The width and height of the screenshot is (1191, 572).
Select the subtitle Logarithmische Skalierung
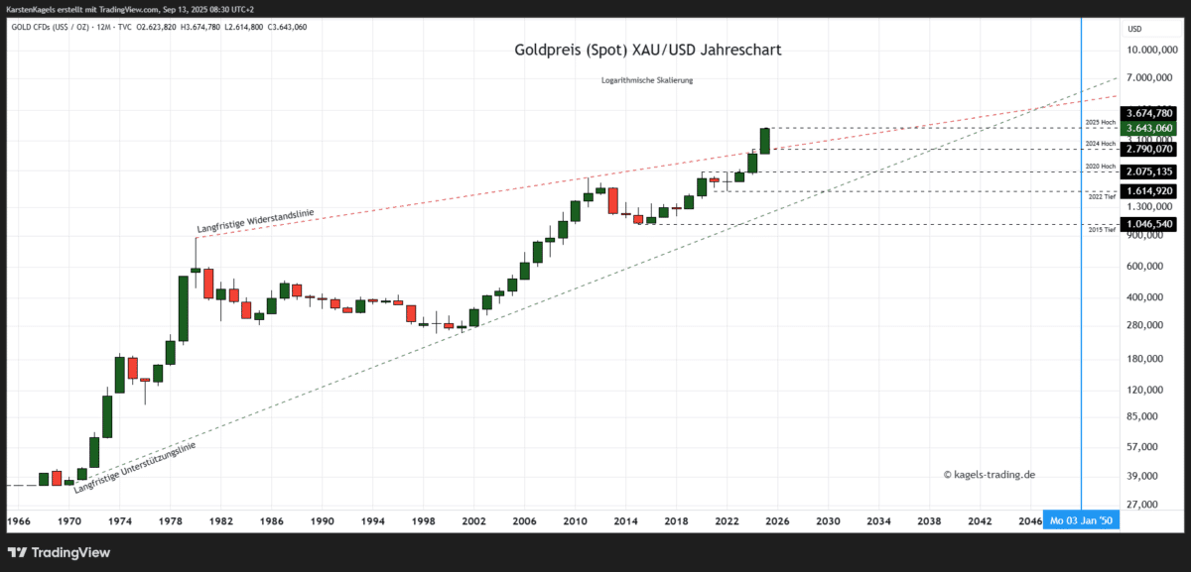coord(647,80)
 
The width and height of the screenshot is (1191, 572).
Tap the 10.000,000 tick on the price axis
coord(1151,50)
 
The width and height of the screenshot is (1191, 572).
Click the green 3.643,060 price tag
coord(1148,128)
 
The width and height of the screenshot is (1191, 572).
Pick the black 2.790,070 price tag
coord(1148,149)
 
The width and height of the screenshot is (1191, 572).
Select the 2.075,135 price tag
coord(1148,172)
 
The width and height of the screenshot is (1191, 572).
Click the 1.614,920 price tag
coord(1148,190)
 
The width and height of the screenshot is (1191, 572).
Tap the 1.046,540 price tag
coord(1148,224)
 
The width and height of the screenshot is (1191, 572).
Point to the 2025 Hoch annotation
coord(1100,122)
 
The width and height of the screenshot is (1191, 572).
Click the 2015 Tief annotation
coord(1101,230)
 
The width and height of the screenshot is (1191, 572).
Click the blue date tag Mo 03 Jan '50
coord(1081,520)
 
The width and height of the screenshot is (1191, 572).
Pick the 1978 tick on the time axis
coord(171,520)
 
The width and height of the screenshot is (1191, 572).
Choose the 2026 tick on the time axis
coord(777,520)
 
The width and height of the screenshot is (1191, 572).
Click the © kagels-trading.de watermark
coord(989,475)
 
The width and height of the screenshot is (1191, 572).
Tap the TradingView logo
coord(61,552)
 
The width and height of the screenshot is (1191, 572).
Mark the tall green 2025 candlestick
coord(765,140)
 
